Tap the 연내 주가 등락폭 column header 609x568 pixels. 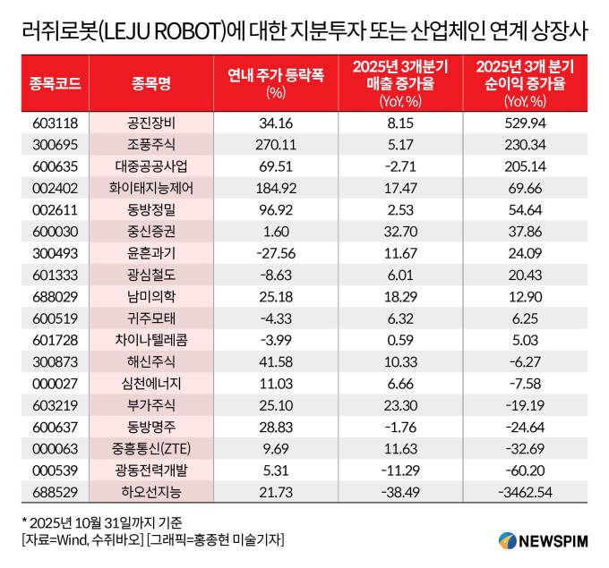pos(276,82)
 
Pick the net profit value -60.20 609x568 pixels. pos(526,468)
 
